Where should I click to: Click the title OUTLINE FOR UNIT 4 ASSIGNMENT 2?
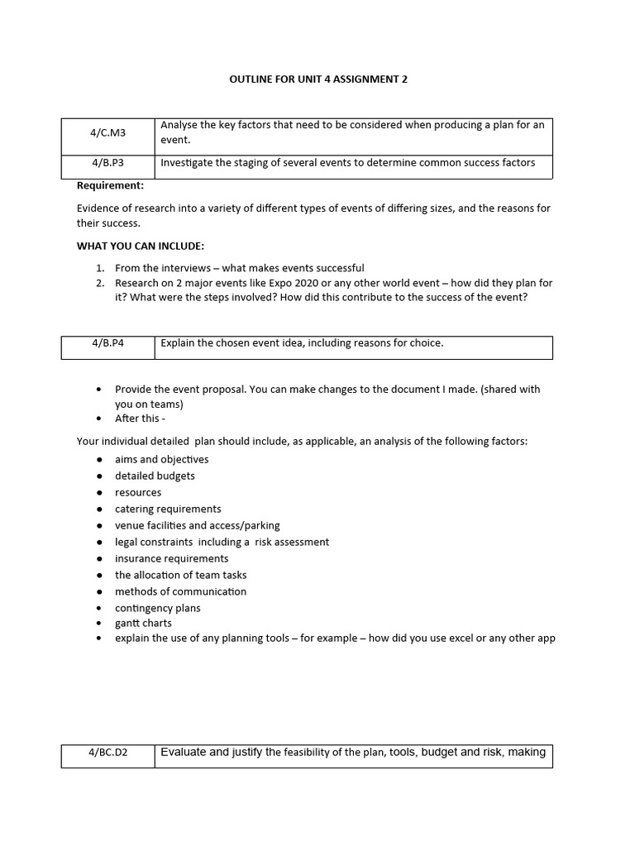click(317, 79)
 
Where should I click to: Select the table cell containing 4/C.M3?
click(107, 132)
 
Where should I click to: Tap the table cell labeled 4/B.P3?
click(107, 163)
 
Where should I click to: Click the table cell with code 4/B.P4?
click(107, 343)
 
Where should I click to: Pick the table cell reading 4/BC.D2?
click(107, 753)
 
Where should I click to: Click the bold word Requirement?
click(110, 185)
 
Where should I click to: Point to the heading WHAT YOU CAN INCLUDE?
click(140, 246)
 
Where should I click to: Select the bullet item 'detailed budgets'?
click(155, 476)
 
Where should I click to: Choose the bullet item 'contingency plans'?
click(157, 608)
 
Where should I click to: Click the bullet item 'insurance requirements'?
click(171, 558)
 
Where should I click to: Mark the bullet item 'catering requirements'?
click(168, 509)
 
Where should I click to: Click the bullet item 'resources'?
click(138, 492)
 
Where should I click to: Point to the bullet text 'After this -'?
click(140, 418)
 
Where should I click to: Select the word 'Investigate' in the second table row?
click(187, 163)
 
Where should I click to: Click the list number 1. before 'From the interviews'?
click(99, 268)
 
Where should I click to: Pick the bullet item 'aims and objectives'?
click(161, 459)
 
